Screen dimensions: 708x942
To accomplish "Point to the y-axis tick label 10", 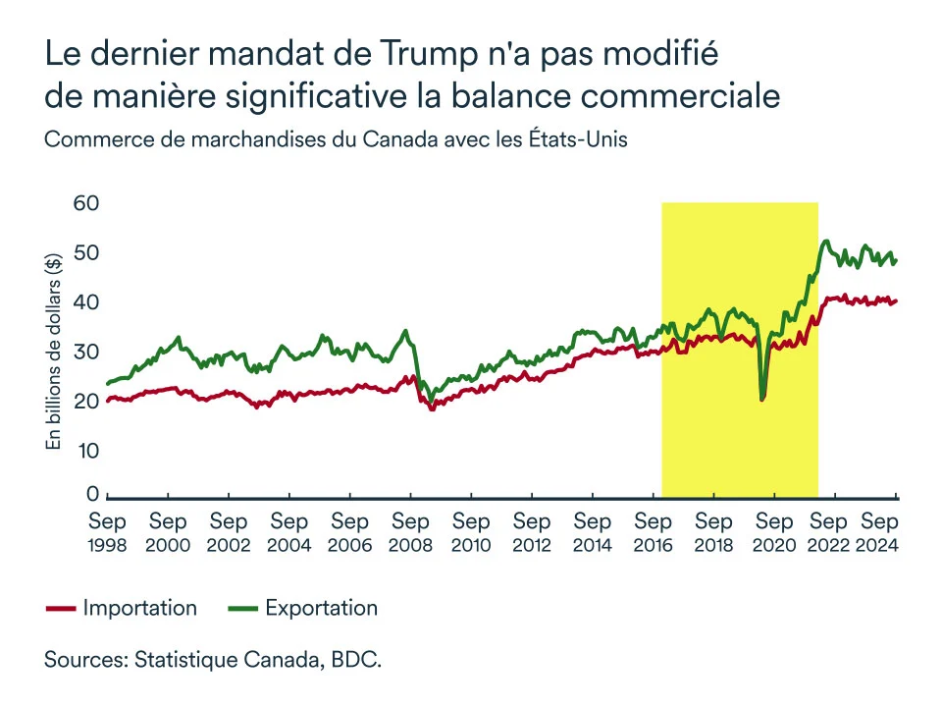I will [x=88, y=451].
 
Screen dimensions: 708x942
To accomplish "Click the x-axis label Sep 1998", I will [x=107, y=531].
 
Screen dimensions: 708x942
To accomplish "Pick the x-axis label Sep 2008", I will [x=410, y=531].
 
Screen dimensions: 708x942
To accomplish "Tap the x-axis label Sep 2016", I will [x=654, y=531].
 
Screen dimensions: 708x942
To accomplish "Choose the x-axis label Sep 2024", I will [x=880, y=531].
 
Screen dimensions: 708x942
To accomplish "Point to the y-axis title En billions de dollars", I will [x=55, y=351].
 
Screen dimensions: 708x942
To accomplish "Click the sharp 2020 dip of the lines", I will [x=762, y=398].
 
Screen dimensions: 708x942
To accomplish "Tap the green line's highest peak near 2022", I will [x=826, y=241].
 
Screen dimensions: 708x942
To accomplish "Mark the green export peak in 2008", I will [x=405, y=330].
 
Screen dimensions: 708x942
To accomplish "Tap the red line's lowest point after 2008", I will [x=432, y=408].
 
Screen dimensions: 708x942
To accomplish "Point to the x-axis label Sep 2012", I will [x=532, y=531].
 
